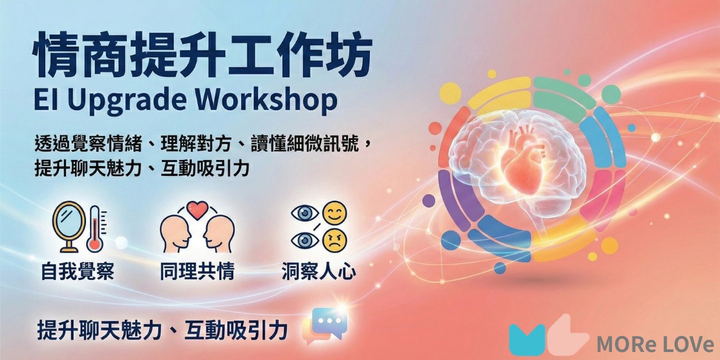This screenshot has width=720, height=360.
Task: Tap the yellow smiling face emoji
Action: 335,213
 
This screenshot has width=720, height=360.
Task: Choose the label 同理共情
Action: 197,271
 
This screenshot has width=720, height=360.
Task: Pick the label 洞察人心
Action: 318,271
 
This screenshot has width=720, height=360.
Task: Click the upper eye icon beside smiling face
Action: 304,213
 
